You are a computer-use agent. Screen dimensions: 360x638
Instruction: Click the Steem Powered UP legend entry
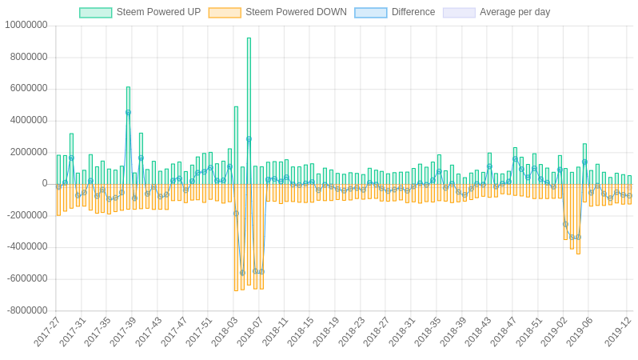(x=140, y=12)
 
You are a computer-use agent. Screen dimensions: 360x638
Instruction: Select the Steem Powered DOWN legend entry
(x=277, y=12)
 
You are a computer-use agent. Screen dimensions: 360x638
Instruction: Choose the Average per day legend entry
(x=496, y=12)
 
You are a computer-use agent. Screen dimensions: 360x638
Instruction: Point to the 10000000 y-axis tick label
(x=26, y=25)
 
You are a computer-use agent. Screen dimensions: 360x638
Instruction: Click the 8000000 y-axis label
(x=28, y=57)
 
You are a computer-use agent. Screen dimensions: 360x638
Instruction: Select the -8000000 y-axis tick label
(x=26, y=310)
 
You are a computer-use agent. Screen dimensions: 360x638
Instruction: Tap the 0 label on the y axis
(x=45, y=183)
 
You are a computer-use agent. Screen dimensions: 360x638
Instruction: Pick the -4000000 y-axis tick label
(x=26, y=246)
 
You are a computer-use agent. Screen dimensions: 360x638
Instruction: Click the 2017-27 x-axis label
(x=47, y=331)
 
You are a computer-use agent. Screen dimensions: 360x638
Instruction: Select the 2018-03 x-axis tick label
(x=225, y=331)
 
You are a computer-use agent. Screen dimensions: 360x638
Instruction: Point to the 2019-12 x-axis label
(x=617, y=331)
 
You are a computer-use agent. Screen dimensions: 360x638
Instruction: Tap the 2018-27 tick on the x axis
(x=377, y=331)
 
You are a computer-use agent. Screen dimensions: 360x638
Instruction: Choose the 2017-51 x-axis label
(x=200, y=331)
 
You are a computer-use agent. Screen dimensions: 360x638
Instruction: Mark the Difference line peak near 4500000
(x=128, y=113)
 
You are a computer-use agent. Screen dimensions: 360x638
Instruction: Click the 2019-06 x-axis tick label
(x=580, y=331)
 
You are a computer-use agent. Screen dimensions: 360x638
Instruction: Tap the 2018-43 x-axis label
(x=479, y=331)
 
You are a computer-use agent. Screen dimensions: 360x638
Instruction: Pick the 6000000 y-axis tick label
(x=28, y=88)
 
